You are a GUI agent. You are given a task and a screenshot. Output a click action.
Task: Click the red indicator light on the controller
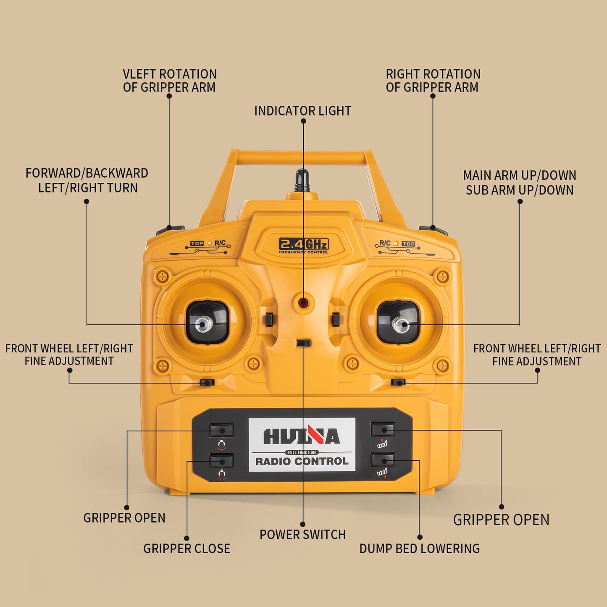303,302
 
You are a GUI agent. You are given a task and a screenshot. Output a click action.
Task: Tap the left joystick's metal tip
203,324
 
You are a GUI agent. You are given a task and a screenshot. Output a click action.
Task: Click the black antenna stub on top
302,181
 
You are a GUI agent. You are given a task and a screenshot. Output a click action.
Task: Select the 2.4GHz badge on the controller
304,245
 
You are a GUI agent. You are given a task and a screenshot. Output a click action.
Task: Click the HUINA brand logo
302,436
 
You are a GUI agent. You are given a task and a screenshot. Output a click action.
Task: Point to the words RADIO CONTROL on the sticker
302,462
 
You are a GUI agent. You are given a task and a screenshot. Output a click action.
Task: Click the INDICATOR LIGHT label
303,111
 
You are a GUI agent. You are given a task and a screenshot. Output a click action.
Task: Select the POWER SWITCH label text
303,535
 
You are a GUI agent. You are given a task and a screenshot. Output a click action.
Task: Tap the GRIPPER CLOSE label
187,549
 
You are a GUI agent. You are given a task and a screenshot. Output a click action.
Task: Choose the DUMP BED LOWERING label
420,549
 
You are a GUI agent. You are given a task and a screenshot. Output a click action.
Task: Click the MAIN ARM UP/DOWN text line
520,176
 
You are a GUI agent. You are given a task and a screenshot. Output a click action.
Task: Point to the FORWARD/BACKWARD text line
87,173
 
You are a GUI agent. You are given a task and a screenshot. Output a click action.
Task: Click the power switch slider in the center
304,343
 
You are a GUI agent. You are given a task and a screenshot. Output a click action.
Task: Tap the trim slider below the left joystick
207,383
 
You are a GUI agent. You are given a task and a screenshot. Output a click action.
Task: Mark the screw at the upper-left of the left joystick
163,277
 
